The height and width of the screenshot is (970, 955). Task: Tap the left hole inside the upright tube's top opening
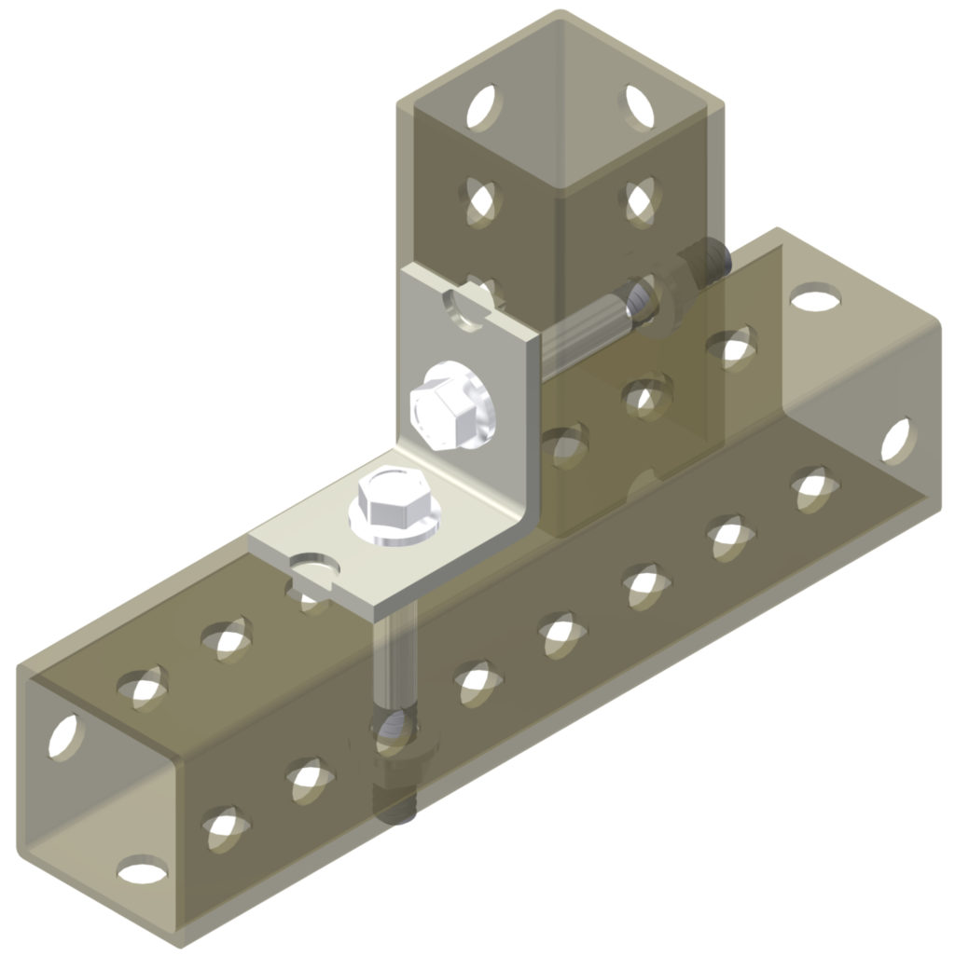click(482, 103)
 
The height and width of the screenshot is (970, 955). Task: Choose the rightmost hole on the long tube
click(894, 440)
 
